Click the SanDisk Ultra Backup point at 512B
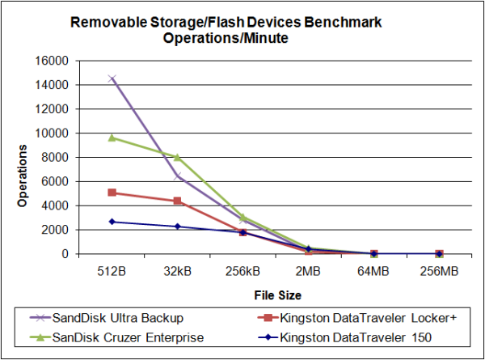click(112, 78)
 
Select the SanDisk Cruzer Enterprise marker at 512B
click(112, 138)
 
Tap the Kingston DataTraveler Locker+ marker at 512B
click(112, 193)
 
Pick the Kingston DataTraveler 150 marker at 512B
click(112, 222)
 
